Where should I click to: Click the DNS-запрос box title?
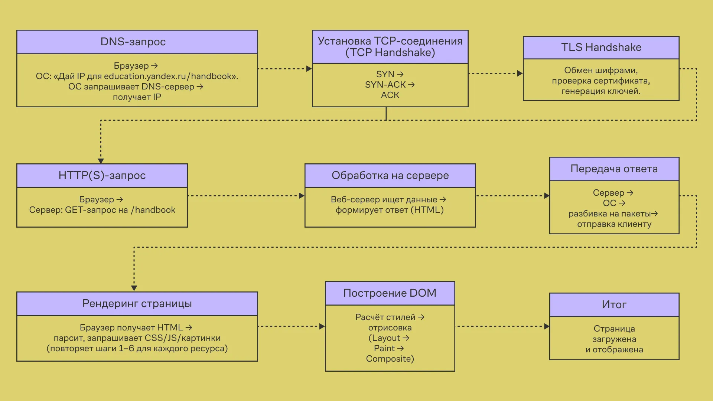pyautogui.click(x=133, y=42)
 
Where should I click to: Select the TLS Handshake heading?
pyautogui.click(x=601, y=48)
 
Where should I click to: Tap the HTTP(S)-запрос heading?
pyautogui.click(x=102, y=175)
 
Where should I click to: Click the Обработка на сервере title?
pyautogui.click(x=390, y=175)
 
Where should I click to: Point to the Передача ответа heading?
pyautogui.click(x=614, y=169)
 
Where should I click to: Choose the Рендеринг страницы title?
pyautogui.click(x=137, y=304)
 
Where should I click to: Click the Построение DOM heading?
pyautogui.click(x=390, y=293)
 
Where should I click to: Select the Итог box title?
pyautogui.click(x=614, y=305)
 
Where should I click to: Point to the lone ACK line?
pyautogui.click(x=390, y=95)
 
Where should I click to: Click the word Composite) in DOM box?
pyautogui.click(x=390, y=359)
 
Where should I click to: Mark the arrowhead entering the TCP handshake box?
pyautogui.click(x=309, y=69)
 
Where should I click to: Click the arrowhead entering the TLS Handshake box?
pyautogui.click(x=520, y=74)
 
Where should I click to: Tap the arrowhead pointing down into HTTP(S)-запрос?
pyautogui.click(x=101, y=161)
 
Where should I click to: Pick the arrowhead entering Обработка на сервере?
pyautogui.click(x=302, y=196)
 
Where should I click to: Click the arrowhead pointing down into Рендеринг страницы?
pyautogui.click(x=134, y=288)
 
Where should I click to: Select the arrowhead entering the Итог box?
pyautogui.click(x=547, y=327)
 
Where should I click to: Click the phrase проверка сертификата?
pyautogui.click(x=600, y=81)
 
